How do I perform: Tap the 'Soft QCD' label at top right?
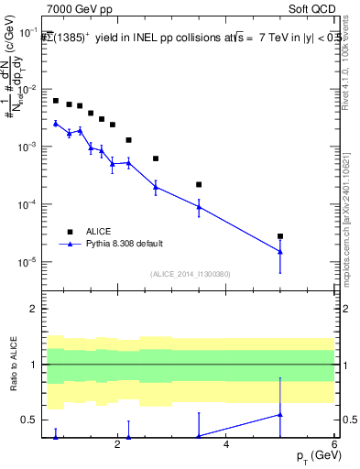pos(311,8)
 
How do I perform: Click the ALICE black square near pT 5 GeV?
pos(280,236)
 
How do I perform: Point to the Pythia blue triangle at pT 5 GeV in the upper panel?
pos(280,252)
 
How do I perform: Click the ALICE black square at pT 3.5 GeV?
pos(199,184)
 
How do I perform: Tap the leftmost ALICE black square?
pos(56,101)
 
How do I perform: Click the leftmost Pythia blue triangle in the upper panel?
pos(56,123)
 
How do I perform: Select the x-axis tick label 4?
pos(226,444)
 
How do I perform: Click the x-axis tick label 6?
pos(334,444)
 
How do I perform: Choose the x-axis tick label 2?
pos(117,444)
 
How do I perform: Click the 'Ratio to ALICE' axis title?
pos(15,364)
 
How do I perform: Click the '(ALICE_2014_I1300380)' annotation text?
pos(190,273)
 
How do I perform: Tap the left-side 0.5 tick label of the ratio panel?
pos(33,420)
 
